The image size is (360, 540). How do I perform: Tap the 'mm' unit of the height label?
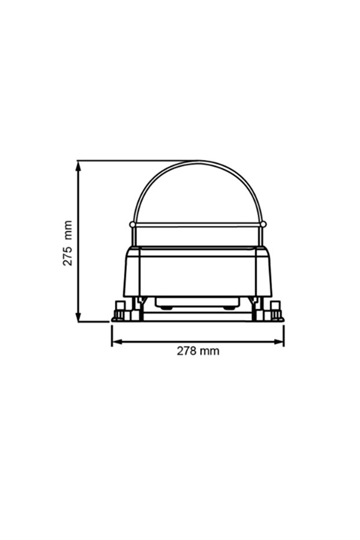point(68,229)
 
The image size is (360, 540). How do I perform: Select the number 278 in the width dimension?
point(187,351)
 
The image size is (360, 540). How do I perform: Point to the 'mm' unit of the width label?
point(210,351)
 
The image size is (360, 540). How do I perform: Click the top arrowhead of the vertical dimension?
point(79,166)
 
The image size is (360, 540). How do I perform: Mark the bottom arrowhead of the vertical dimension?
point(79,317)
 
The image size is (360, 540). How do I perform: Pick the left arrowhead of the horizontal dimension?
point(117,342)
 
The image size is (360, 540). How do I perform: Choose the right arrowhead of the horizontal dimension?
point(279,342)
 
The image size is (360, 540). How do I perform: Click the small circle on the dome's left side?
point(132,224)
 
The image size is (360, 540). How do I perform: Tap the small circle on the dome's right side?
point(263,224)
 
